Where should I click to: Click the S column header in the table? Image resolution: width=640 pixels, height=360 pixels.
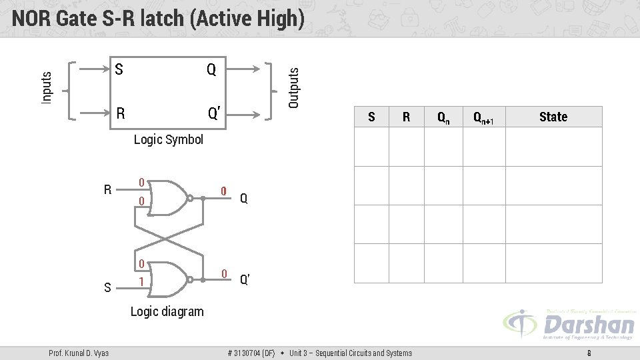click(371, 117)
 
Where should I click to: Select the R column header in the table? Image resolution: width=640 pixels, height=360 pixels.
click(406, 117)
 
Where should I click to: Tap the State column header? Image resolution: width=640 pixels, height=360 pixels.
click(553, 117)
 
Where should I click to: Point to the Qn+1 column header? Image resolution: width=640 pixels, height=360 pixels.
click(483, 118)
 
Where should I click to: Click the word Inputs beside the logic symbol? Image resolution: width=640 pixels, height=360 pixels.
click(47, 87)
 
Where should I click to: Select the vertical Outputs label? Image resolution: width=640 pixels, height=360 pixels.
click(293, 83)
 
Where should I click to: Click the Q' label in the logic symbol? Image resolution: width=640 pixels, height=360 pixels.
click(214, 114)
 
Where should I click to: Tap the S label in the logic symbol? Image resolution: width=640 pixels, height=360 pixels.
click(119, 69)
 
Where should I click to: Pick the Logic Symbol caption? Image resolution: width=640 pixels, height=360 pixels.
click(168, 139)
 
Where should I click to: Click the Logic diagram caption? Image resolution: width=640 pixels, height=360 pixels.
click(167, 311)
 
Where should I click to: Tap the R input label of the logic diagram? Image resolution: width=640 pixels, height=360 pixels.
click(107, 190)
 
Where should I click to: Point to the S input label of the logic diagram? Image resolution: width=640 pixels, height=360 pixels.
click(107, 288)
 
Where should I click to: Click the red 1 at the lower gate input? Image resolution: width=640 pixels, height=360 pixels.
click(141, 282)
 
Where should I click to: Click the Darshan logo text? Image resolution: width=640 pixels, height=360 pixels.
click(588, 325)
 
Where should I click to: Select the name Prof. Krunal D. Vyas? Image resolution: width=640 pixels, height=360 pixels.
click(79, 353)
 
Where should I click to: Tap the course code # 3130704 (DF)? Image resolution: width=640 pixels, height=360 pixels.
click(251, 353)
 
